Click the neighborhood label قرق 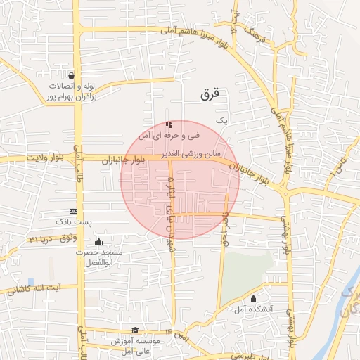(x=210, y=92)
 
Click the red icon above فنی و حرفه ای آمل (x=168, y=124)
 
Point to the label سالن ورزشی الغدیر (x=188, y=153)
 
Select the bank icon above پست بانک (x=73, y=211)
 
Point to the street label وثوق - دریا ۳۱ (x=49, y=239)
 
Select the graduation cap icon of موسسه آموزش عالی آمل (x=135, y=330)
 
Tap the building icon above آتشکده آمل (x=253, y=298)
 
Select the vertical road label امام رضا (x=224, y=229)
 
